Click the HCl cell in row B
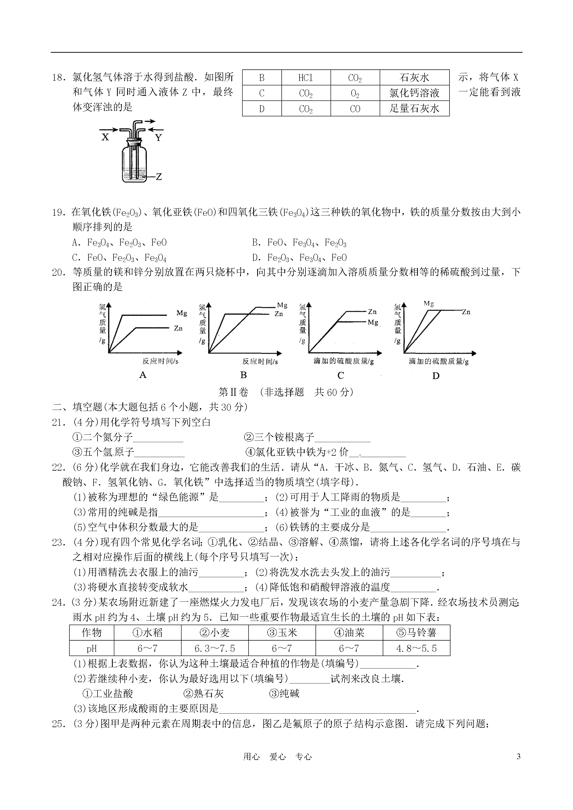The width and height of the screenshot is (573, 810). tap(305, 78)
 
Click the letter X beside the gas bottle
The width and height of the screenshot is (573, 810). tap(105, 137)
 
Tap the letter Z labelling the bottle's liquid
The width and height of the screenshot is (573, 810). tap(159, 176)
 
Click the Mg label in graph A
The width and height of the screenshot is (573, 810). tap(182, 313)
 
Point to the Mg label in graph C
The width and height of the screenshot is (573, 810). tap(373, 322)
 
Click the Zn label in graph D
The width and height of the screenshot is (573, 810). tap(466, 312)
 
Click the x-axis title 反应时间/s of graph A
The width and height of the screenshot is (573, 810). tap(160, 361)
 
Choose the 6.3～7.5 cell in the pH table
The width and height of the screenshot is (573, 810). tap(215, 648)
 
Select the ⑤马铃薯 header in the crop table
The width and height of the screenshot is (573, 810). tap(416, 633)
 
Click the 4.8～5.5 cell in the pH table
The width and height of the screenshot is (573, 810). tap(416, 648)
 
